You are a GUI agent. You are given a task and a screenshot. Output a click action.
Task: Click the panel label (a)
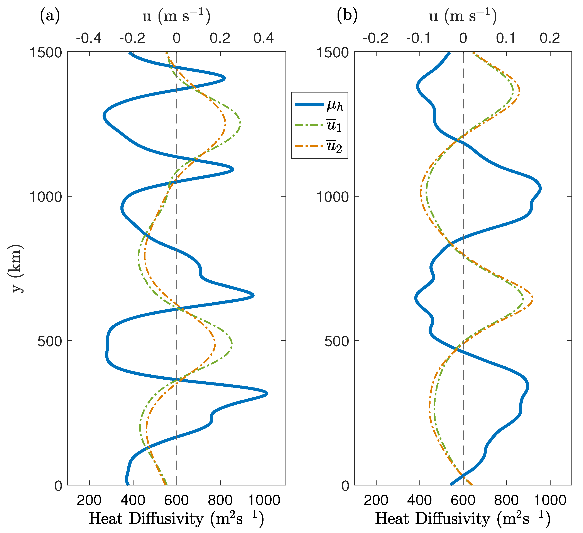coord(50,16)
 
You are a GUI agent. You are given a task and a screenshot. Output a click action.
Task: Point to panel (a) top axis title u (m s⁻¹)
coord(176,16)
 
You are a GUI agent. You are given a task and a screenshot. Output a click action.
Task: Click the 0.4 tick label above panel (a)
coord(264,38)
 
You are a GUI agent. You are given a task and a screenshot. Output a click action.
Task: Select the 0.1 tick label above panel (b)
coord(506,38)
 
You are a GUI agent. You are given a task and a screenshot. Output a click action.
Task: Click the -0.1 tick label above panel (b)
coord(419,38)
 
